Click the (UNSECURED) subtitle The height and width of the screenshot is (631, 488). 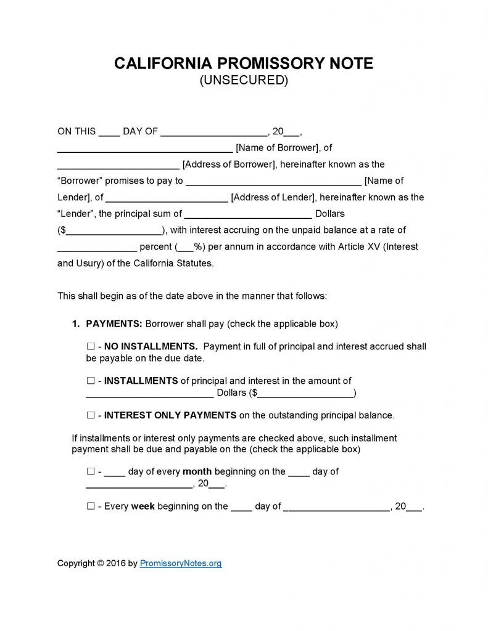tap(244, 80)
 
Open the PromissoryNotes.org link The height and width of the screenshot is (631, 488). tap(181, 563)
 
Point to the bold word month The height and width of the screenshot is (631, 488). tap(197, 472)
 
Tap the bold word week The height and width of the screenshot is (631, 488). tap(143, 507)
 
